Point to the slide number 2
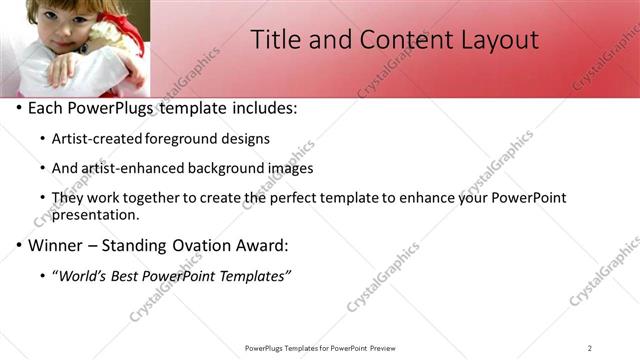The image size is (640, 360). coord(590,347)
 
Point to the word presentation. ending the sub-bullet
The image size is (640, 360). coord(96,214)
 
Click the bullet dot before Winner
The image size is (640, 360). coord(18,245)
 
